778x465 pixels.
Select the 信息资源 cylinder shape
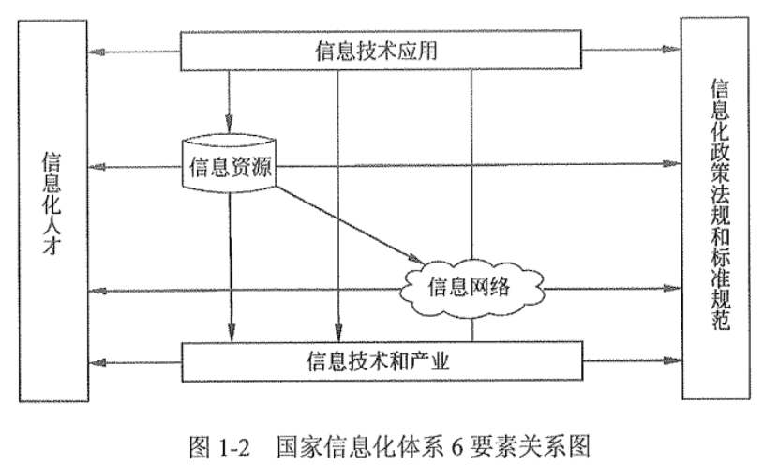[x=231, y=167]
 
